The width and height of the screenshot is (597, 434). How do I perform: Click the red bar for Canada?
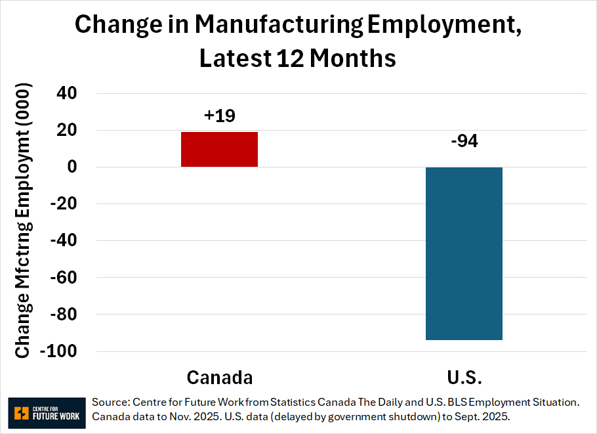219,149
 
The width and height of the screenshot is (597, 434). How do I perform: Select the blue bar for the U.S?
464,253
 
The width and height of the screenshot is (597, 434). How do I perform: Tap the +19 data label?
219,116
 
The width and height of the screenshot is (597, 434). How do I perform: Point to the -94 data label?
464,141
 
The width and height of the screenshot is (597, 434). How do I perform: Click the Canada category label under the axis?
219,378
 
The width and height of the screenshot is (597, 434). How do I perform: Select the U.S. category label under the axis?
464,378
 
